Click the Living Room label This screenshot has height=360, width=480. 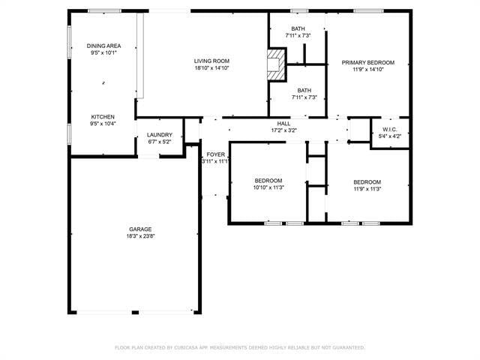click(211, 61)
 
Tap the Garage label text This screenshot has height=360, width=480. click(140, 229)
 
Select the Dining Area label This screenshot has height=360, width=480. click(103, 46)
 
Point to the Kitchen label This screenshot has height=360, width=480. click(103, 117)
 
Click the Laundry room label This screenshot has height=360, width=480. click(159, 135)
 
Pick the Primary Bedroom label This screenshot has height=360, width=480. click(363, 62)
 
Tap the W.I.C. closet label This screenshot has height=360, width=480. click(389, 129)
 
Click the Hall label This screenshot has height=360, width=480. click(283, 124)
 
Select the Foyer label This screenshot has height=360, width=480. click(216, 154)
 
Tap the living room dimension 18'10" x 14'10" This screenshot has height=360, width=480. click(211, 68)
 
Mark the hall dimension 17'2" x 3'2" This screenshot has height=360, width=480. click(283, 130)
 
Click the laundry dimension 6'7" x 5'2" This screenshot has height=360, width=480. click(159, 142)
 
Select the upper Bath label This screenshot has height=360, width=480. click(298, 29)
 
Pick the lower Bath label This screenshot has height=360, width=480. click(304, 90)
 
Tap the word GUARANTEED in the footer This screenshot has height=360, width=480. click(347, 348)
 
